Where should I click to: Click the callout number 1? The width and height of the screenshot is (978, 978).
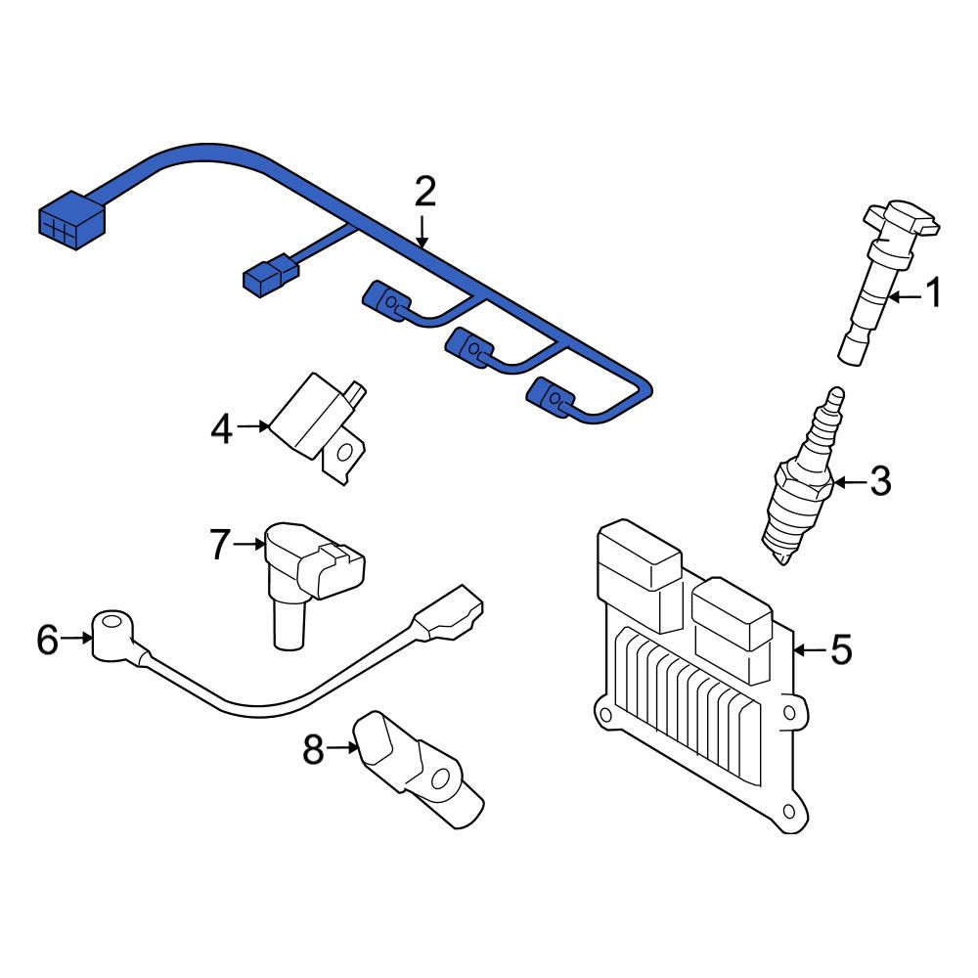pos(933,293)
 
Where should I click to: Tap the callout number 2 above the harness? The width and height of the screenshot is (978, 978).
pos(424,192)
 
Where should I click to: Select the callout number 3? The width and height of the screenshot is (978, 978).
pos(880,481)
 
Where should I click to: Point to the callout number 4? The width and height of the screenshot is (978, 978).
pos(222,429)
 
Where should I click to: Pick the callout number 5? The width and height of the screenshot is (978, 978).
pos(842,649)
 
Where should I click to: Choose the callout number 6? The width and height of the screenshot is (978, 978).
pos(47,640)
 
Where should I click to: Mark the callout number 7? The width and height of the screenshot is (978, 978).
pos(220,544)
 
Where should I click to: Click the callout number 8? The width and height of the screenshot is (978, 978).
pos(313,749)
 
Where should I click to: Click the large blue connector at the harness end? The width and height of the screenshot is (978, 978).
pos(71,220)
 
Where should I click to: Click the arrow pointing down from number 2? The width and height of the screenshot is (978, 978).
pos(422,232)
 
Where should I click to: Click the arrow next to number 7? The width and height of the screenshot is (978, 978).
pos(249,545)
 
